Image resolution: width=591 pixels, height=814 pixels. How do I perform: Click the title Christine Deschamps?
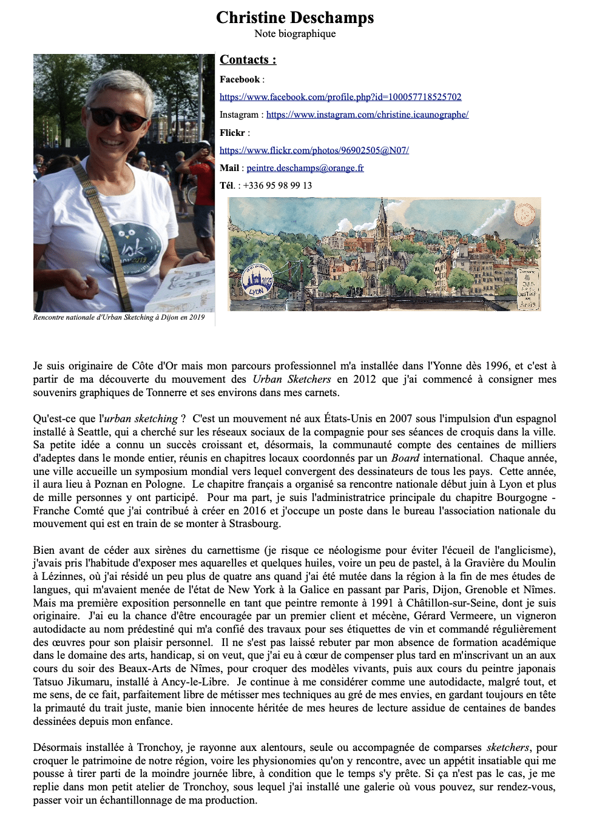[295, 18]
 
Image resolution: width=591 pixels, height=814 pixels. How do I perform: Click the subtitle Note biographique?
[295, 33]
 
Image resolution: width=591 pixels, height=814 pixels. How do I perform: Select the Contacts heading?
[248, 59]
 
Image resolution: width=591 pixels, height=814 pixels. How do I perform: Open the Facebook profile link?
[340, 97]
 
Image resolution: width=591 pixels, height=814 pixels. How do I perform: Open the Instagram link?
[367, 115]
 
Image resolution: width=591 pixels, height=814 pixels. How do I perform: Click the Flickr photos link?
[314, 150]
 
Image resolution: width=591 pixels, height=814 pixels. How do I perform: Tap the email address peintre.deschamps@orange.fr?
[305, 168]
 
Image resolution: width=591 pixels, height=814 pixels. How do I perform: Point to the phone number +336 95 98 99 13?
[277, 186]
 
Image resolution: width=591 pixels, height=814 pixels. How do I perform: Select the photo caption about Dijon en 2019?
[119, 317]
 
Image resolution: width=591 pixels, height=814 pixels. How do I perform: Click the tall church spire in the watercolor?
[382, 218]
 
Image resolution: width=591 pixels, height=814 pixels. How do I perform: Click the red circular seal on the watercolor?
[524, 213]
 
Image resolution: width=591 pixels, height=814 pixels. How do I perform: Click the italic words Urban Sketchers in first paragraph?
[292, 380]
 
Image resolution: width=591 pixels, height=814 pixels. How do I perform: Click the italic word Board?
[405, 458]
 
